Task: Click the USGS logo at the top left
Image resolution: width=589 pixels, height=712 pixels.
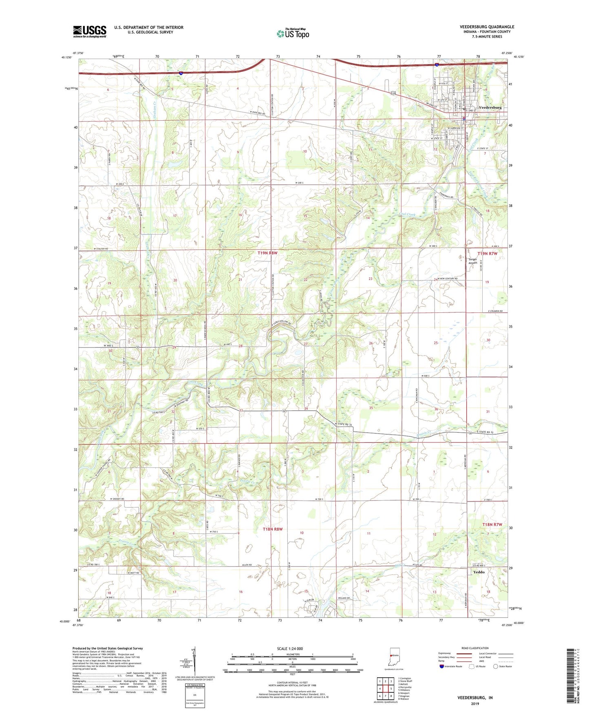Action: pyautogui.click(x=89, y=31)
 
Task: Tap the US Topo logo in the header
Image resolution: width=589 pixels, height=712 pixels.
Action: pyautogui.click(x=293, y=33)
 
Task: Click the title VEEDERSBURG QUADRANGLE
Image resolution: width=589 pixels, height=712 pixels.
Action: pyautogui.click(x=487, y=27)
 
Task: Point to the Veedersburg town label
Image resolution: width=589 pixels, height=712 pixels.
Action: pyautogui.click(x=490, y=107)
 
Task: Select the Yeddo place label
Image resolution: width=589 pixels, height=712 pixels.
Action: pyautogui.click(x=479, y=572)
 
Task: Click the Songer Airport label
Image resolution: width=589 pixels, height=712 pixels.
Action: pyautogui.click(x=472, y=261)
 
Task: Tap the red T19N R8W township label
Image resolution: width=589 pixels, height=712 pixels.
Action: pyautogui.click(x=267, y=253)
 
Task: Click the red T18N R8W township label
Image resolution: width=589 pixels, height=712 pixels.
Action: pyautogui.click(x=272, y=529)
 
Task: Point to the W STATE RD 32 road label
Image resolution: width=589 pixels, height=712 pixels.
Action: pyautogui.click(x=343, y=425)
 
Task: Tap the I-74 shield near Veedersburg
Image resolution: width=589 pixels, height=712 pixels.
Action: pyautogui.click(x=437, y=64)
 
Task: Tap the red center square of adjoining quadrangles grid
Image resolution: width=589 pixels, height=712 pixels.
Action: pyautogui.click(x=385, y=688)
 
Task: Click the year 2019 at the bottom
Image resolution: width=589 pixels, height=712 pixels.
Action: pyautogui.click(x=475, y=703)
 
